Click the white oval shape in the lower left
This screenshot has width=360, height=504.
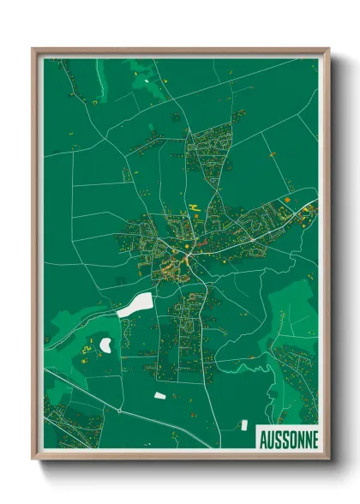[106, 345]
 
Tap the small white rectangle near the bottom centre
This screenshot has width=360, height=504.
[159, 395]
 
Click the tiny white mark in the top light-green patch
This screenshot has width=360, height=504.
[147, 81]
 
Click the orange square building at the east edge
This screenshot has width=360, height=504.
[287, 200]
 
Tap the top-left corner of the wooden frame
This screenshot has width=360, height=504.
[34, 50]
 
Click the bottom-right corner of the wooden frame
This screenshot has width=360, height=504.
[327, 459]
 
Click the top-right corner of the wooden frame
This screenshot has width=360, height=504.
[327, 50]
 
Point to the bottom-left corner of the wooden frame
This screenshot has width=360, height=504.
[34, 459]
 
